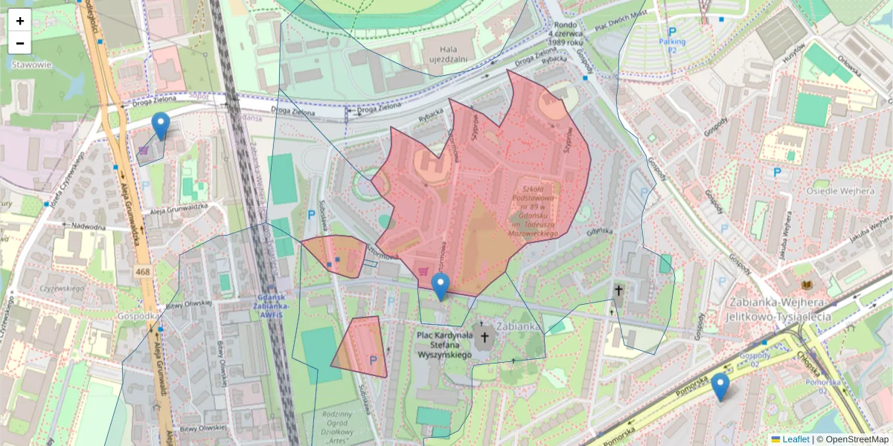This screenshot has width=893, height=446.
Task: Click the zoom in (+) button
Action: tap(20, 21)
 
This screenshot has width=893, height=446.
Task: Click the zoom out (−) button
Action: tap(20, 43)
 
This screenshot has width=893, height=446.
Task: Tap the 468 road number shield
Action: tap(143, 273)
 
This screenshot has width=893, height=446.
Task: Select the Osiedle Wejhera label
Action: tap(841, 191)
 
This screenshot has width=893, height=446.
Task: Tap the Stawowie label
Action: tap(26, 64)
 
